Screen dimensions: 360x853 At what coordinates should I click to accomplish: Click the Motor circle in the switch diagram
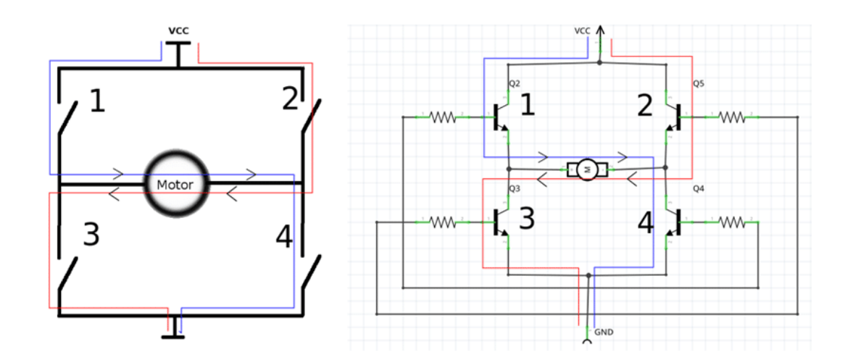(x=176, y=184)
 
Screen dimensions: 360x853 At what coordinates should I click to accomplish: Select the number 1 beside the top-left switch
(x=97, y=102)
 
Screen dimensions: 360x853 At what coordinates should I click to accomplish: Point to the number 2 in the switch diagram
(x=290, y=99)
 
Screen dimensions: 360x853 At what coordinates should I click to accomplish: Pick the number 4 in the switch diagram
(x=285, y=237)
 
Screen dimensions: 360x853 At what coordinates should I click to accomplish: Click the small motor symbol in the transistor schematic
(x=587, y=169)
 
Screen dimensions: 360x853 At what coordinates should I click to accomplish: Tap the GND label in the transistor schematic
(x=604, y=332)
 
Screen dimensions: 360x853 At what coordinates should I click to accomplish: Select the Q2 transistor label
(x=514, y=83)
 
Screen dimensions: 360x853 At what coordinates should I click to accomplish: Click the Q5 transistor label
(x=698, y=83)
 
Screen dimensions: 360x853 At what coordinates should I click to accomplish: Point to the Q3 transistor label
(x=514, y=188)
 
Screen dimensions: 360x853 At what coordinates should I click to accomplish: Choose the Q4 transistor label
(x=698, y=189)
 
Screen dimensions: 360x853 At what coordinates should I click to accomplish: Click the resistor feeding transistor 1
(x=442, y=117)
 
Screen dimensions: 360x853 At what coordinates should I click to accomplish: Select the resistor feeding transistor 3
(x=442, y=222)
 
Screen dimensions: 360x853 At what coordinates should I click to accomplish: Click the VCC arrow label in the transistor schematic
(x=583, y=30)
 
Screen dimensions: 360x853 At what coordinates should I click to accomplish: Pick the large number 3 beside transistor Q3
(x=527, y=218)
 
